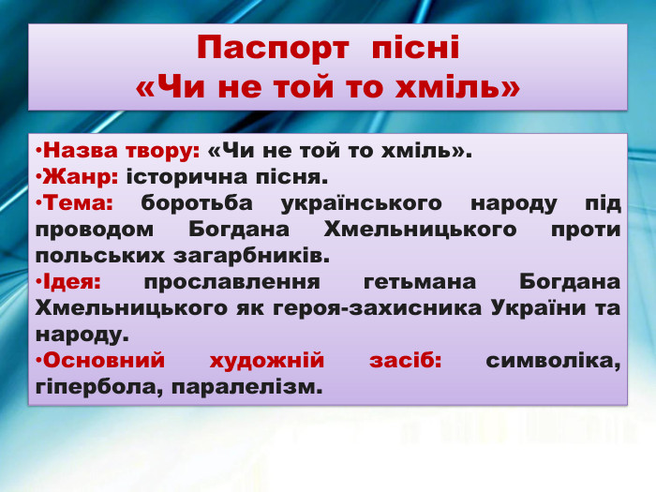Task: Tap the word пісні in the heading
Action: pos(415,49)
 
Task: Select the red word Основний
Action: pos(104,360)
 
